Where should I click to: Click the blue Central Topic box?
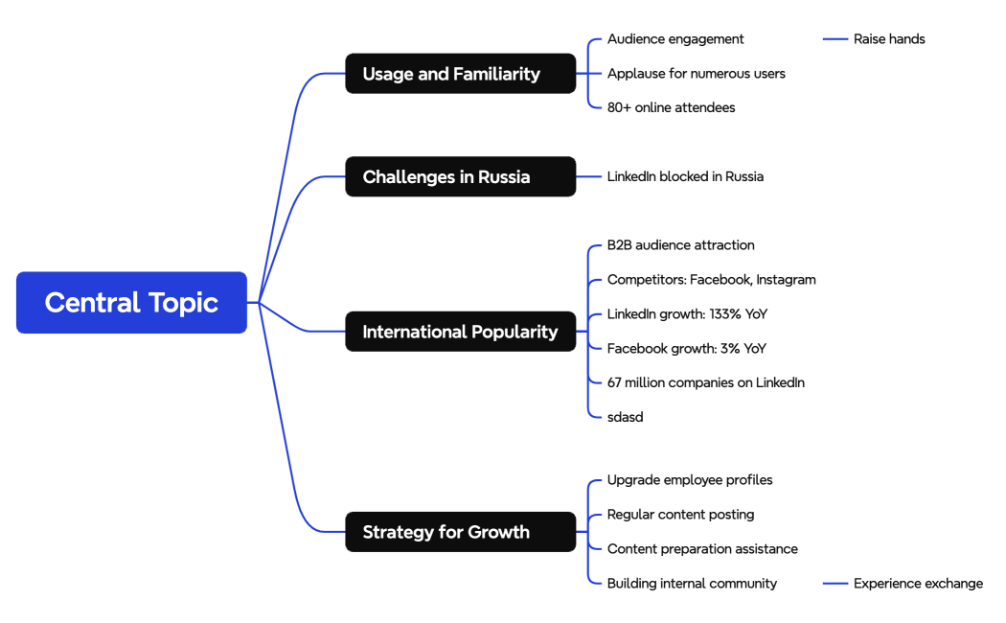point(131,303)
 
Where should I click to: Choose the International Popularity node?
point(460,332)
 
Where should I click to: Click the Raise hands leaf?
point(889,39)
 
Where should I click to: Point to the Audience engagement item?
point(675,39)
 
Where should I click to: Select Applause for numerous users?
point(696,74)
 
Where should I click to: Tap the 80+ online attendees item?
point(671,107)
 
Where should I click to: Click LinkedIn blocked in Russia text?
point(685,176)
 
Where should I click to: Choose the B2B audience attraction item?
point(680,245)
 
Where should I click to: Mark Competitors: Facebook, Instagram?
point(711,280)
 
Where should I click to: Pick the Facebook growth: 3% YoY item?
point(686,349)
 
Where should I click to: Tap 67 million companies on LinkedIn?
point(705,382)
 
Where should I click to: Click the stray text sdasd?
point(625,417)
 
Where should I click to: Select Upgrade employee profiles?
point(689,480)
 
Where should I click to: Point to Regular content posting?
point(680,515)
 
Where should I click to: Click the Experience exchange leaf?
point(918,583)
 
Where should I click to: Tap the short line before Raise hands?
point(835,39)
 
